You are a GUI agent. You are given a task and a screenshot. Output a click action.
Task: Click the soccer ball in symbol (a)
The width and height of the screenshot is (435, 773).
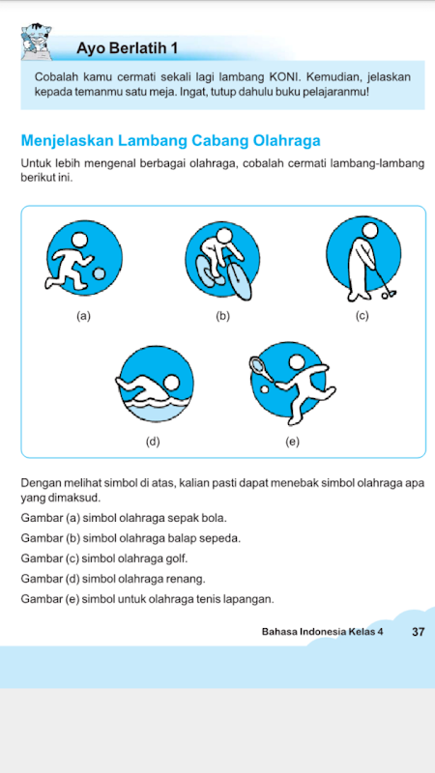pos(101,272)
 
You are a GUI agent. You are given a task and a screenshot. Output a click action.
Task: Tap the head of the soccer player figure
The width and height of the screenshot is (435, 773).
pos(79,240)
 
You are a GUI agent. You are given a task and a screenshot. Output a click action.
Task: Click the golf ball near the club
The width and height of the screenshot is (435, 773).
pos(385,297)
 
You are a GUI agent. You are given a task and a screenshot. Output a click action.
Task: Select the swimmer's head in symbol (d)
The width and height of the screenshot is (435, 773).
pos(172,383)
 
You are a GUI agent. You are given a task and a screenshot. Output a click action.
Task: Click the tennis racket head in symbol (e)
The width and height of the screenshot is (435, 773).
pos(257,365)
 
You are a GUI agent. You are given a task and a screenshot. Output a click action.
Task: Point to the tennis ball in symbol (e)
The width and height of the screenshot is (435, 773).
pos(264,389)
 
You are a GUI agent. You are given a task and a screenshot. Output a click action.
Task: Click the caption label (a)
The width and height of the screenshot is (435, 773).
pos(83,317)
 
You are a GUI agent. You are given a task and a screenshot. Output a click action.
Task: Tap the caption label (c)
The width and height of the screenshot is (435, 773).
pos(362,317)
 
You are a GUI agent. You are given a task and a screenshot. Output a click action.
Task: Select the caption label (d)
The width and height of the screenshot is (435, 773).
pos(153,443)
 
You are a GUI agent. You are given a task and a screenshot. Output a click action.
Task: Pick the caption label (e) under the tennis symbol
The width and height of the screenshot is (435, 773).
pos(293,443)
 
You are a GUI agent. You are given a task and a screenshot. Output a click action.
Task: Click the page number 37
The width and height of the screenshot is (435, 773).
pos(418,632)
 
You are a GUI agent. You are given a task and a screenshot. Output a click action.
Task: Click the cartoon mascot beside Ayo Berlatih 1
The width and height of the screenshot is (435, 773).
pos(36,42)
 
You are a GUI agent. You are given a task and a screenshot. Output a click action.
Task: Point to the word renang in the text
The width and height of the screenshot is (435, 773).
pos(188,578)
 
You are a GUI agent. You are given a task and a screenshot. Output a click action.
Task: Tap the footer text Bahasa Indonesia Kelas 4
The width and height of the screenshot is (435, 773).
pos(323,632)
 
